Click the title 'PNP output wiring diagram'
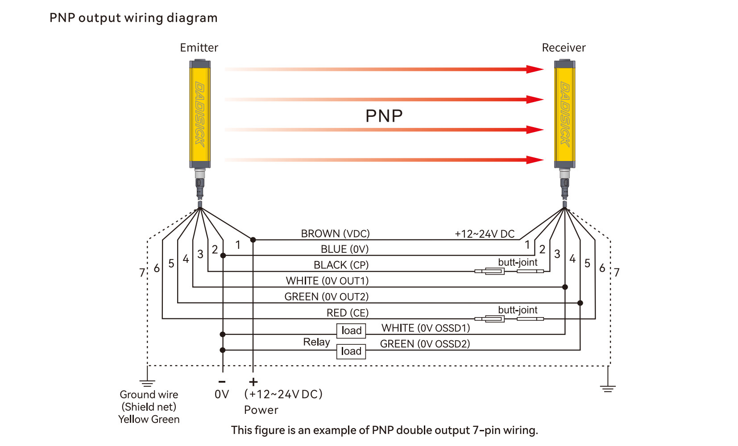133,18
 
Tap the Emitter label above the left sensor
199,48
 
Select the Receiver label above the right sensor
563,48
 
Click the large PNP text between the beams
384,116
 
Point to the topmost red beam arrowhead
535,69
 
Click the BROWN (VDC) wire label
335,234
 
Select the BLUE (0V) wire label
344,249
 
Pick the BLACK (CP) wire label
341,265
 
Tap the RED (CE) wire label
347,313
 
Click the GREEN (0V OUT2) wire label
326,297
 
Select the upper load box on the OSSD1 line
351,330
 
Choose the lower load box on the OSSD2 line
351,351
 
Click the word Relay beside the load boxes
316,342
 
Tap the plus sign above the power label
253,382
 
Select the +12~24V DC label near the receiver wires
485,234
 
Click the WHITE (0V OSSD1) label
426,328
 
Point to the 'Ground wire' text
149,395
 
